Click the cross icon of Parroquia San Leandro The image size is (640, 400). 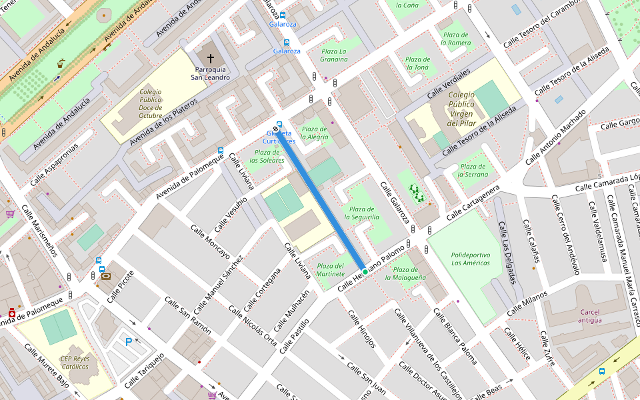(x=210, y=59)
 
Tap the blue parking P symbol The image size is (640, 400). (x=129, y=342)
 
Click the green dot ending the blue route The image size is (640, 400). (x=365, y=272)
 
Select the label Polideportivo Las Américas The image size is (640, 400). (x=471, y=259)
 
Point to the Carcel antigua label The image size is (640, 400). (x=590, y=316)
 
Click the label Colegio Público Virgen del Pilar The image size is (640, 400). (x=461, y=109)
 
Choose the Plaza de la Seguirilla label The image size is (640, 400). (x=361, y=213)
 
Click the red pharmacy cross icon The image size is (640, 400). (x=12, y=313)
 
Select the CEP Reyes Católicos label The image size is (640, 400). (x=75, y=362)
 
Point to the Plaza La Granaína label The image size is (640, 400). (x=334, y=55)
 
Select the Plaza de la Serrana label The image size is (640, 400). (x=473, y=170)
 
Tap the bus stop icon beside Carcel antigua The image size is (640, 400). (x=602, y=371)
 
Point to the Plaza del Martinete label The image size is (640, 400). (x=331, y=270)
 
